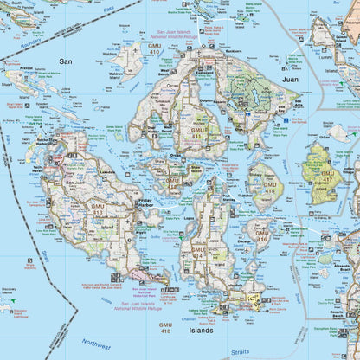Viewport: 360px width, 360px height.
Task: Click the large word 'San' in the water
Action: click(x=66, y=61)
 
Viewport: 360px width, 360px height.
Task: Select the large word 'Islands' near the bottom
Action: click(x=201, y=330)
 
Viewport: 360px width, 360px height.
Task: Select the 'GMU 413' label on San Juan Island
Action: click(x=98, y=209)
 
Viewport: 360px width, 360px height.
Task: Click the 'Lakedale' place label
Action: click(x=106, y=172)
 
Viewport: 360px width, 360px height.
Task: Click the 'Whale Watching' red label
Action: click(x=30, y=265)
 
